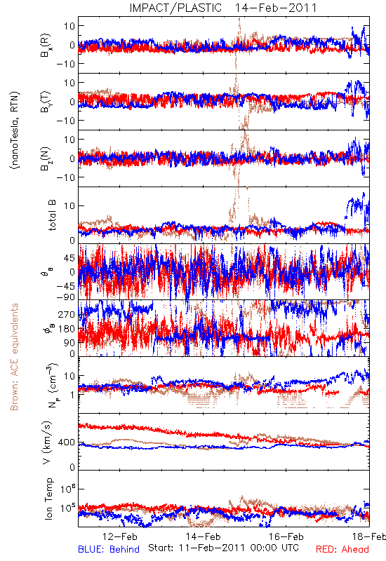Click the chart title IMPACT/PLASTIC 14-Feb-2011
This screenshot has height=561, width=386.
(x=223, y=8)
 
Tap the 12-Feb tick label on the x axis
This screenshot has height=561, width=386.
(x=120, y=536)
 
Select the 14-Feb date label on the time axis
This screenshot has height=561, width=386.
(x=203, y=536)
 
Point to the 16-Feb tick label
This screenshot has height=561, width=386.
(x=286, y=536)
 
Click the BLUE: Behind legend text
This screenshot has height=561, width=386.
(x=109, y=549)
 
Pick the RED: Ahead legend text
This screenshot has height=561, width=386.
(x=342, y=549)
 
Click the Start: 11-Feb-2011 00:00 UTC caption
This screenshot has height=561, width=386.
(x=223, y=548)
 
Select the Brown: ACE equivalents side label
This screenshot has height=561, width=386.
(x=14, y=357)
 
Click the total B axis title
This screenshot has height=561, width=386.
(x=52, y=215)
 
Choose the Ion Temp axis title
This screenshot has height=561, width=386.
(x=48, y=499)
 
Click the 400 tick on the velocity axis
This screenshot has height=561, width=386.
(x=67, y=442)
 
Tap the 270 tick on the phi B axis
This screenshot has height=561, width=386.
(x=67, y=314)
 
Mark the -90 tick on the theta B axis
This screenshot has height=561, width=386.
(x=65, y=297)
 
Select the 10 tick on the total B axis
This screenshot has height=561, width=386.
(x=69, y=205)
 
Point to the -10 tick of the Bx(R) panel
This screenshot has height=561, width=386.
(x=65, y=64)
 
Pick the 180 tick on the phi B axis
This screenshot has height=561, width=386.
(x=67, y=328)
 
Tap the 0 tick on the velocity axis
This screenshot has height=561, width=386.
(x=72, y=467)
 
